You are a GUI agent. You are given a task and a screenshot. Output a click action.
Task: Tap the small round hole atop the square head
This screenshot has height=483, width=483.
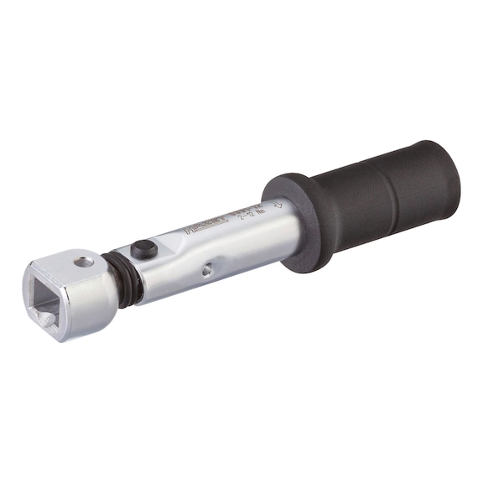tap(83, 262)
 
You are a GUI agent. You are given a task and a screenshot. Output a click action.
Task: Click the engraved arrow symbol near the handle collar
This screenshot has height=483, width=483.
tap(278, 203)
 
